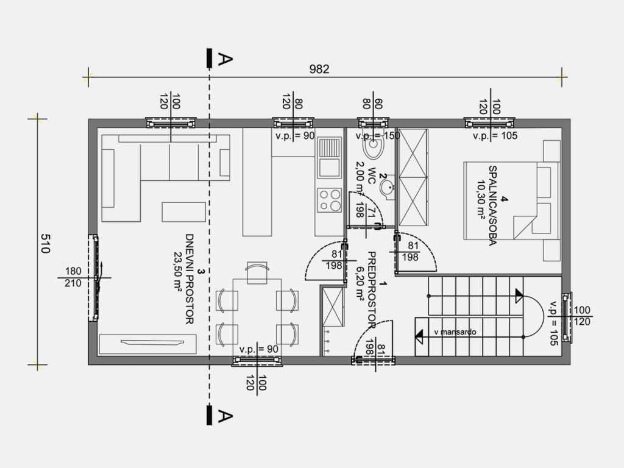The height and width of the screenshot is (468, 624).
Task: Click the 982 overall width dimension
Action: pyautogui.click(x=319, y=69)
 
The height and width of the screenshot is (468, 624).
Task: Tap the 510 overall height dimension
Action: pyautogui.click(x=44, y=244)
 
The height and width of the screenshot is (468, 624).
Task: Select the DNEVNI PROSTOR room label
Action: pyautogui.click(x=190, y=279)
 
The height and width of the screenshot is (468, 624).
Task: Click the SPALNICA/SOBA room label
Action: pyautogui.click(x=492, y=206)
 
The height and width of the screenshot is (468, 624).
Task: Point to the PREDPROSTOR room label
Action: pyautogui.click(x=372, y=290)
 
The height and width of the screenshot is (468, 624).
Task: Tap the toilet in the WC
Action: pyautogui.click(x=374, y=145)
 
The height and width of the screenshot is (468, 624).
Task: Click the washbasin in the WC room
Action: pyautogui.click(x=387, y=186)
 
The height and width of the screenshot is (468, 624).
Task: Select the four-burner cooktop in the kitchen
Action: pyautogui.click(x=330, y=200)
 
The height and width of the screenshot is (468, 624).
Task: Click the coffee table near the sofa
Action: pyautogui.click(x=184, y=212)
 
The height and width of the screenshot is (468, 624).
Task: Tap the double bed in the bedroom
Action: pyautogui.click(x=512, y=200)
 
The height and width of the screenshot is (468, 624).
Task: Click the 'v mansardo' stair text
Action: pyautogui.click(x=455, y=332)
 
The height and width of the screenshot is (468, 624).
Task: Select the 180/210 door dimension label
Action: pyautogui.click(x=73, y=277)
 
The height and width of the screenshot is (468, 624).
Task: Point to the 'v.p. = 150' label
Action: pyautogui.click(x=378, y=136)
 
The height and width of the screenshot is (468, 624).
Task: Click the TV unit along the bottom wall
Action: pyautogui.click(x=147, y=344)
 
